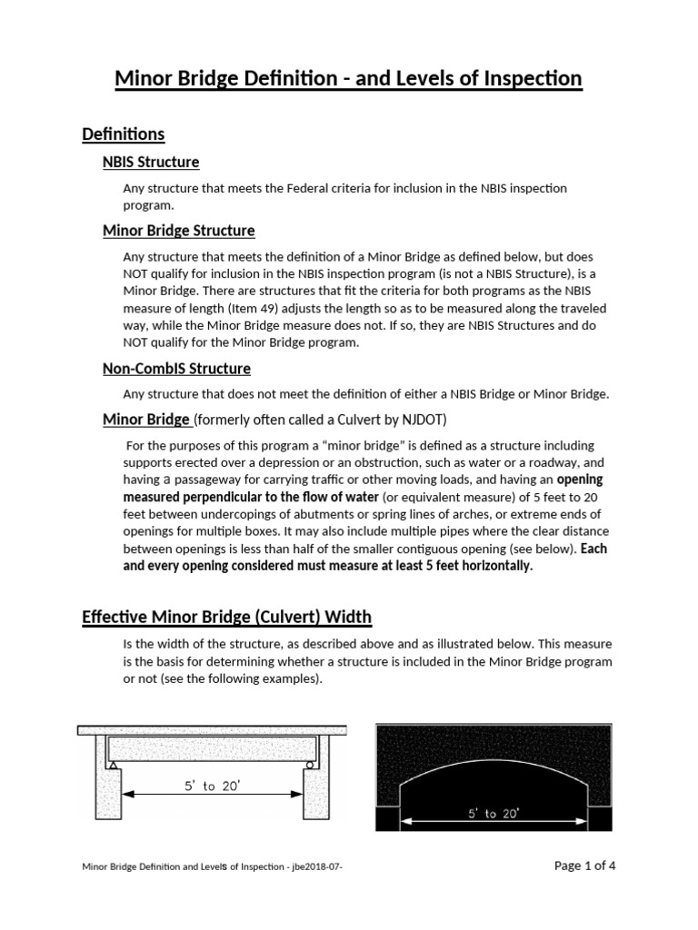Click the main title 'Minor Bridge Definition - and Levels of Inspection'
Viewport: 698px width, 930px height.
click(x=348, y=79)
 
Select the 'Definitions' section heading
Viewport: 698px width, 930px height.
click(x=123, y=134)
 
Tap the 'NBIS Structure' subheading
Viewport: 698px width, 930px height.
click(x=151, y=163)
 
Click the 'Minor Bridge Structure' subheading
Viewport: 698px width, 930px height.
click(x=178, y=231)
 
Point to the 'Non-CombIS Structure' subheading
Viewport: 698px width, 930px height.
click(x=176, y=369)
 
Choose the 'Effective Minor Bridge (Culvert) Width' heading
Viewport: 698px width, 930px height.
click(x=226, y=618)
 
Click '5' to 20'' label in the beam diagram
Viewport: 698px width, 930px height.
click(x=209, y=787)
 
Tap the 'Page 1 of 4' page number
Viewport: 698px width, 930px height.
click(x=584, y=866)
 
